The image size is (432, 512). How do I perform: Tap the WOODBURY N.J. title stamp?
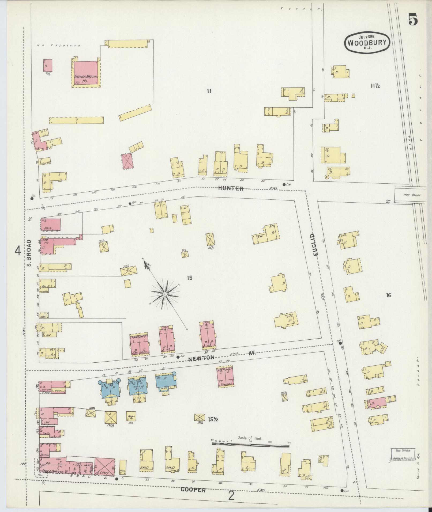pos(367,42)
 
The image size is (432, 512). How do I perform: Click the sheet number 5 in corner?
pos(413,20)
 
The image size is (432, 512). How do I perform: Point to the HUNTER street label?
pos(231,188)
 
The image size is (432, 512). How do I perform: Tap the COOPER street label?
pos(193,490)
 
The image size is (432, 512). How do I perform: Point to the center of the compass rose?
pos(164,294)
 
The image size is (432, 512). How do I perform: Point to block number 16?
pos(388,295)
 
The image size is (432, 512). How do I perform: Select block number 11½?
pos(375,86)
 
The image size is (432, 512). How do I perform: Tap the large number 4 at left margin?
pos(18,251)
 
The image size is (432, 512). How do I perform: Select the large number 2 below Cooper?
pos(231,496)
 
